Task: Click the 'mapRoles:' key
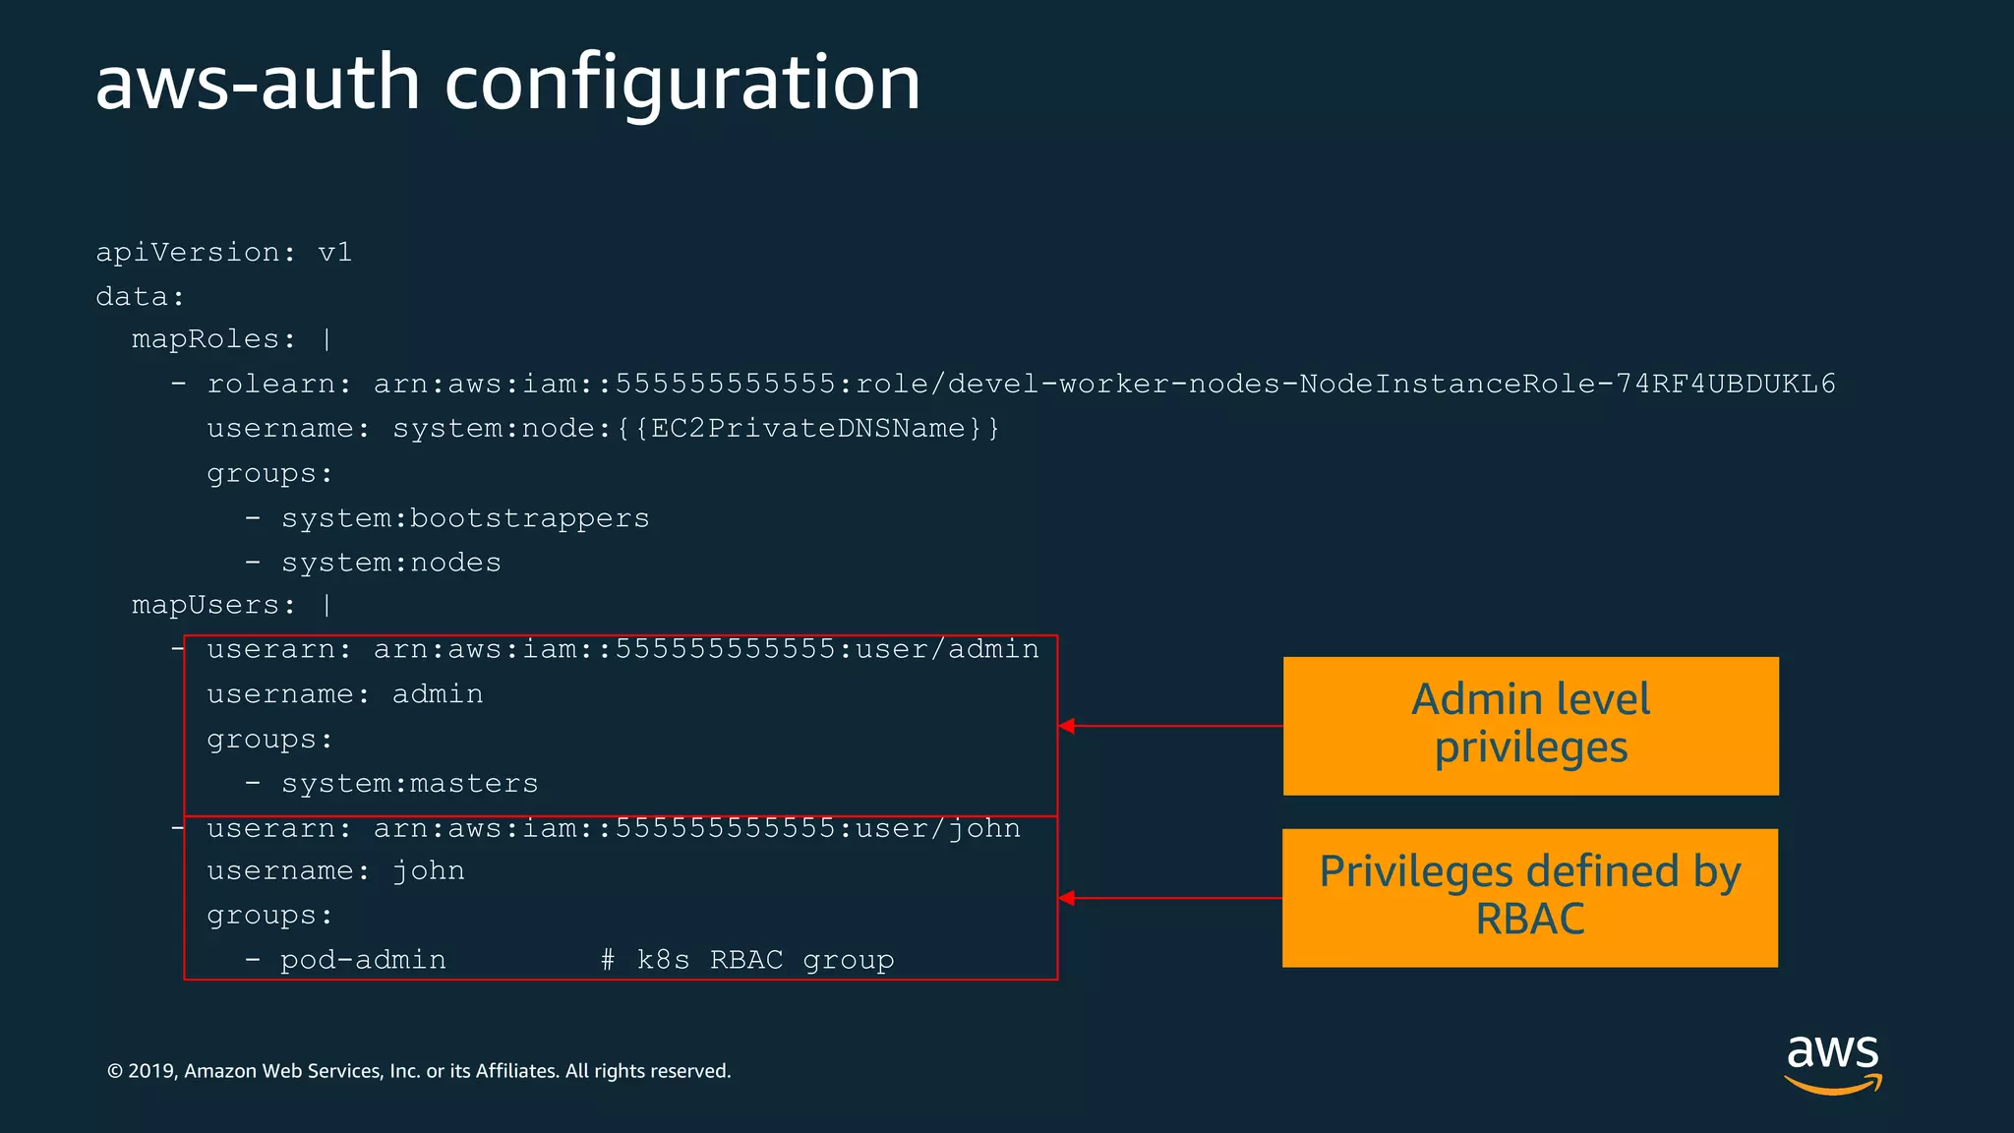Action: tap(213, 339)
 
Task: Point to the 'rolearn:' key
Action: tap(279, 384)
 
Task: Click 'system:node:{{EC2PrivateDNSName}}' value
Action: tap(696, 429)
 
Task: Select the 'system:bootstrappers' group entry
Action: tap(465, 518)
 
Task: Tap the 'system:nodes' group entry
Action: tap(391, 563)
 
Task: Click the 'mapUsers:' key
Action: tap(213, 605)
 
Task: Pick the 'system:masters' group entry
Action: tap(410, 784)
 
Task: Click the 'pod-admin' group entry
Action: tap(363, 960)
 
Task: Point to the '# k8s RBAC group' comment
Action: tap(747, 960)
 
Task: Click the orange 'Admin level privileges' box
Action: tap(1530, 726)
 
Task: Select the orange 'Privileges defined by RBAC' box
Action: tap(1530, 898)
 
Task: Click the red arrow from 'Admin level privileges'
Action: tap(1170, 726)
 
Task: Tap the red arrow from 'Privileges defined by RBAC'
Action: tap(1170, 898)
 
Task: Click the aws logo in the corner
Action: tap(1833, 1062)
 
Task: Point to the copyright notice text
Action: tap(419, 1071)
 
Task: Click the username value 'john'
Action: tap(429, 871)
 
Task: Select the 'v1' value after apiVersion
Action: tap(335, 253)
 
